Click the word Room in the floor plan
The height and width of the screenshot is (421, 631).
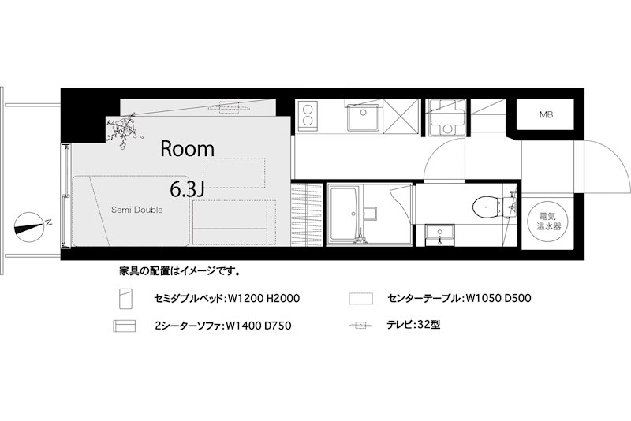pyautogui.click(x=188, y=147)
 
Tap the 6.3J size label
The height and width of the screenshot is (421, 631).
pyautogui.click(x=188, y=189)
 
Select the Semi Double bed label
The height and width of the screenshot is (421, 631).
pyautogui.click(x=136, y=210)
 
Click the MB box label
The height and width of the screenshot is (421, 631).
pyautogui.click(x=546, y=115)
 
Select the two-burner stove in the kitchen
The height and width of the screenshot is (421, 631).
pyautogui.click(x=308, y=116)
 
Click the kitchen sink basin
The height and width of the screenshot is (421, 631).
pyautogui.click(x=363, y=118)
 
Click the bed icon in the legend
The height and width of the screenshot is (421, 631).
pyautogui.click(x=125, y=300)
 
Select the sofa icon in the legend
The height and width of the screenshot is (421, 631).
pyautogui.click(x=125, y=326)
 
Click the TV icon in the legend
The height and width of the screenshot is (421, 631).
pyautogui.click(x=361, y=326)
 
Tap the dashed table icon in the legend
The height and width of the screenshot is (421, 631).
pyautogui.click(x=361, y=300)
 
